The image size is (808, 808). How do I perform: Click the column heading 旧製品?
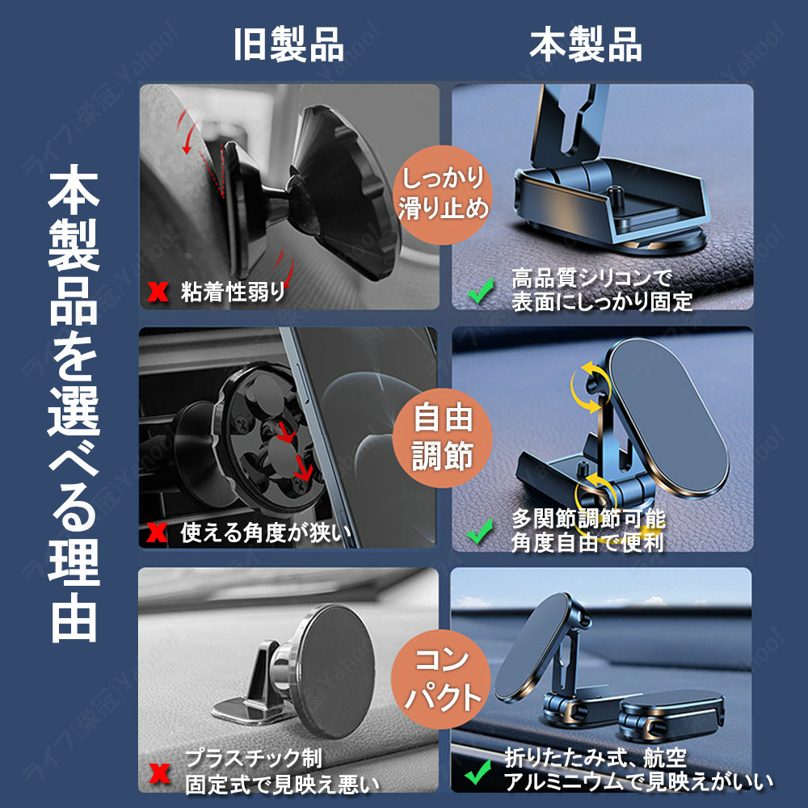pos(288,44)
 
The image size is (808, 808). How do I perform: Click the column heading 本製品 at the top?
pos(586,44)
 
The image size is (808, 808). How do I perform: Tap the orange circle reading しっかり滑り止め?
pos(442,195)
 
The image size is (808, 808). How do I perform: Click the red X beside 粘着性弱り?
pos(158,292)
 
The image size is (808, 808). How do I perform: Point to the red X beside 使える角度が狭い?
pos(158,532)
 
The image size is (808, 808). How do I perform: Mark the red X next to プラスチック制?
pos(158,773)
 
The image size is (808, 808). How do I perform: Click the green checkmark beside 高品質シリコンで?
pos(480,291)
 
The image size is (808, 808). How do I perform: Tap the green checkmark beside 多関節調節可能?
pos(479,532)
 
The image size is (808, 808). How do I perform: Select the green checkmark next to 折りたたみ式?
pos(478,772)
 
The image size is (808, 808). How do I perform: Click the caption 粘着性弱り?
pos(233,292)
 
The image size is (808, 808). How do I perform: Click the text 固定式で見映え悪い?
pos(282,785)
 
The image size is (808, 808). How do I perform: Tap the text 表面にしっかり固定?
pos(602,301)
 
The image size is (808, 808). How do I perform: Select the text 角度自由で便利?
pos(587,542)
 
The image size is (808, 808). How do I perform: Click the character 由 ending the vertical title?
pos(74,617)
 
